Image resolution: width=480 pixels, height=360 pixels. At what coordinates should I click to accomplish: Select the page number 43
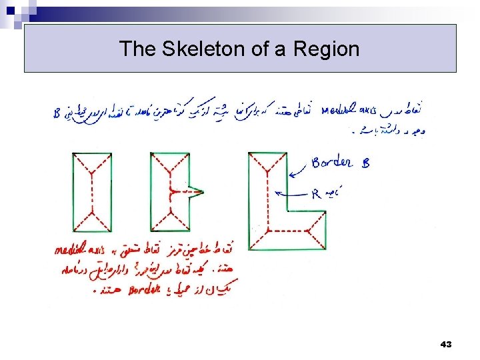pos(446,345)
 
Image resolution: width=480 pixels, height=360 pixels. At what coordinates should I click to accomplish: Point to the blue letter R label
pos(317,194)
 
